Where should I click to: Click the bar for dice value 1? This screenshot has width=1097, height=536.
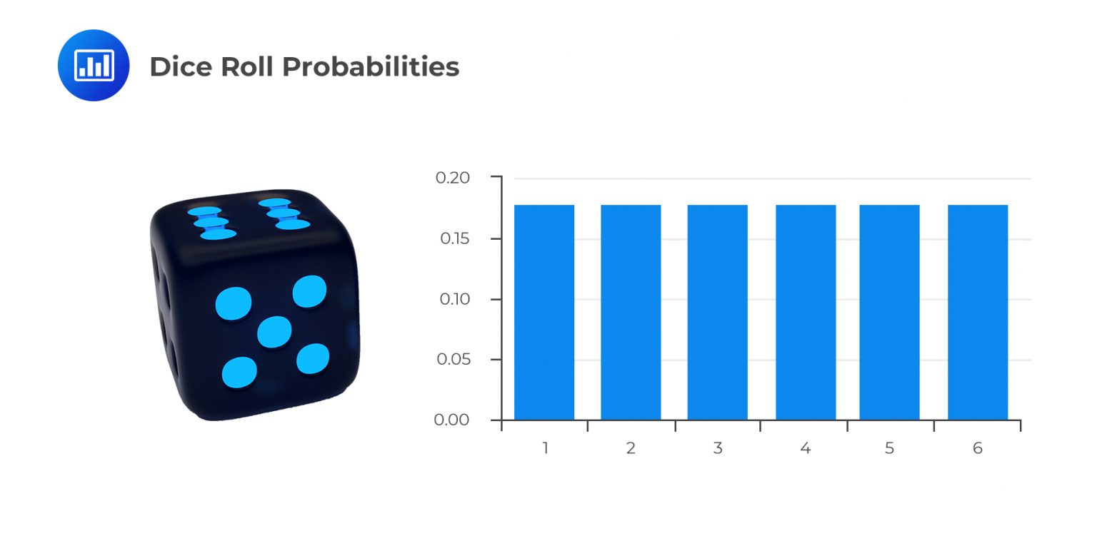(x=544, y=312)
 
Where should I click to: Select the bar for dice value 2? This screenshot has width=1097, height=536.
(x=631, y=312)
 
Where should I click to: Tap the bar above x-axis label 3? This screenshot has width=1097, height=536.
(x=718, y=312)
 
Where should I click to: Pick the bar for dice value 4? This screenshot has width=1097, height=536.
(x=806, y=312)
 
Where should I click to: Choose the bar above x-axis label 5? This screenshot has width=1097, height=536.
(x=889, y=312)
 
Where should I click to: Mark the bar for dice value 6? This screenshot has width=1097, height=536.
(x=978, y=312)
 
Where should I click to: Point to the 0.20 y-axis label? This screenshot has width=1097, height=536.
(x=453, y=178)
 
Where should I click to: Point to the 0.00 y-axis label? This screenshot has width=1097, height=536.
(x=453, y=420)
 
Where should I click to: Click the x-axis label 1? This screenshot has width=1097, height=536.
(x=545, y=448)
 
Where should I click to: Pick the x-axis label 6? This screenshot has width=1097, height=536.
(x=978, y=448)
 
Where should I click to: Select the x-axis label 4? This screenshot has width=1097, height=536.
(x=806, y=448)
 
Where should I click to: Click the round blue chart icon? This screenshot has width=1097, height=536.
(x=94, y=65)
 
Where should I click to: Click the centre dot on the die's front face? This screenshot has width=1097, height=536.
(x=274, y=332)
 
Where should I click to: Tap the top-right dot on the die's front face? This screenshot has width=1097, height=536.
(x=309, y=291)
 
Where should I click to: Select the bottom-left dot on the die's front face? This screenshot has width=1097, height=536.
(x=239, y=372)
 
